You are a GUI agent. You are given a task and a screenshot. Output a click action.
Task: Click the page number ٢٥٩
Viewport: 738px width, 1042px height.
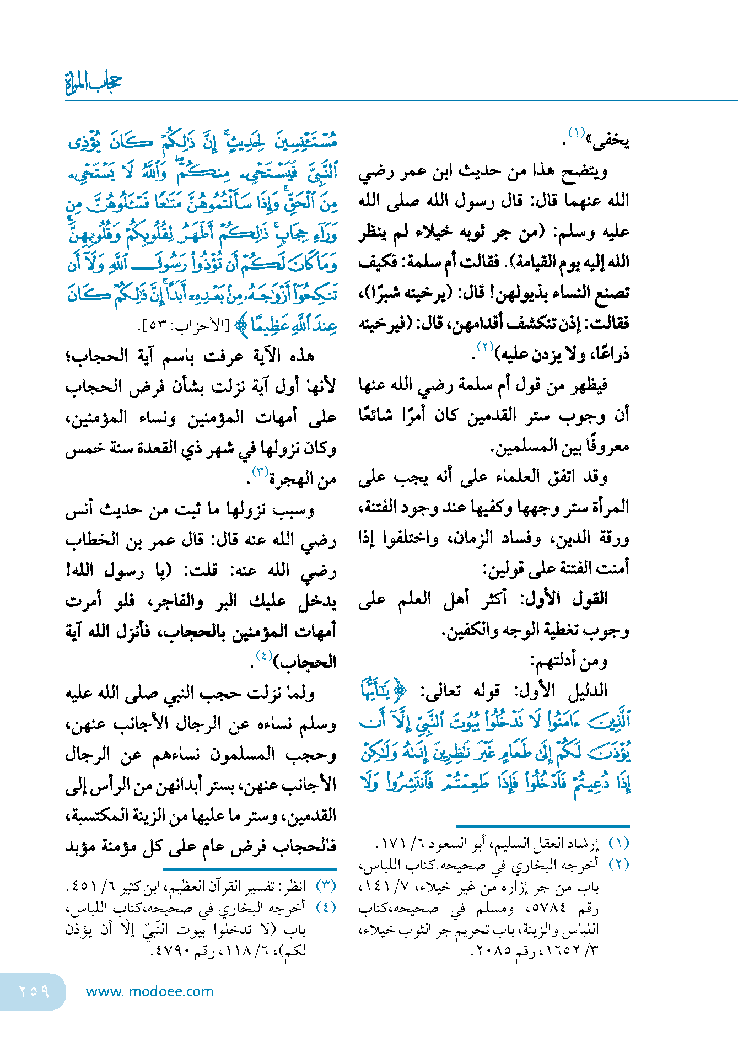pyautogui.click(x=34, y=991)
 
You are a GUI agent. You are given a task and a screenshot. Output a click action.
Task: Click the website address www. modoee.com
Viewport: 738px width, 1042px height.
pyautogui.click(x=149, y=991)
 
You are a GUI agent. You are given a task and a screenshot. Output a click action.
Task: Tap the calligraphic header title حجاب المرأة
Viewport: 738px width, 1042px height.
pyautogui.click(x=93, y=83)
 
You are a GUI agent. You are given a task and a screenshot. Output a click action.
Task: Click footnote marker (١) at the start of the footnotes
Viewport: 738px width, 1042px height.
pyautogui.click(x=619, y=844)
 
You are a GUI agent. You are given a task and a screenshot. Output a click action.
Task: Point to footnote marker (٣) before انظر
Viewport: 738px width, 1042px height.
pyautogui.click(x=326, y=886)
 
